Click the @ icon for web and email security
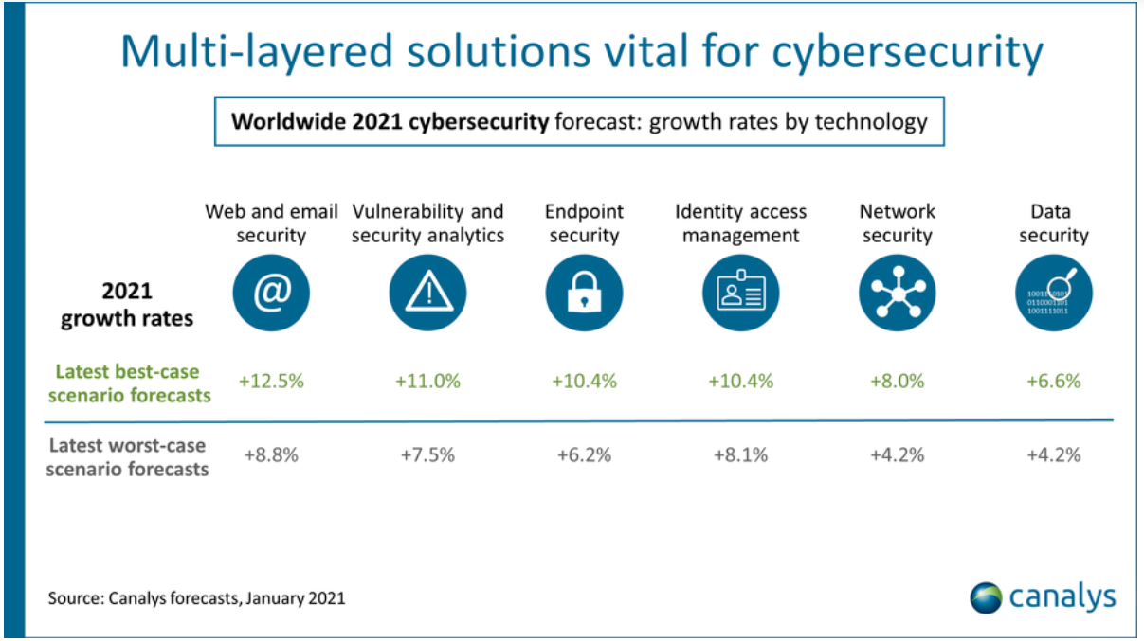tap(271, 294)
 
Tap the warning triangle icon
tap(427, 294)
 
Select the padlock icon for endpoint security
tap(584, 294)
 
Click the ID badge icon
tap(740, 294)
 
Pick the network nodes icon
tap(897, 294)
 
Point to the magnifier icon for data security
tap(1053, 294)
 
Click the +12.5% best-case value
tap(271, 382)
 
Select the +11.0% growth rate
tap(427, 382)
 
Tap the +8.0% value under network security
tap(897, 382)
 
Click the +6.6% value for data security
tap(1053, 382)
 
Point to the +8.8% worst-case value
tap(271, 454)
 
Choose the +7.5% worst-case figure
tap(427, 454)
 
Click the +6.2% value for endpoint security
tap(584, 454)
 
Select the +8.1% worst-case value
tap(740, 454)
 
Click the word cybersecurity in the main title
tap(907, 53)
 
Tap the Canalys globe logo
tap(986, 597)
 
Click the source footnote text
tap(197, 598)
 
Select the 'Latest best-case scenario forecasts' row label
tap(128, 383)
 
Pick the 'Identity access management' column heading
tap(740, 223)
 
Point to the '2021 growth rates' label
tap(127, 305)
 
